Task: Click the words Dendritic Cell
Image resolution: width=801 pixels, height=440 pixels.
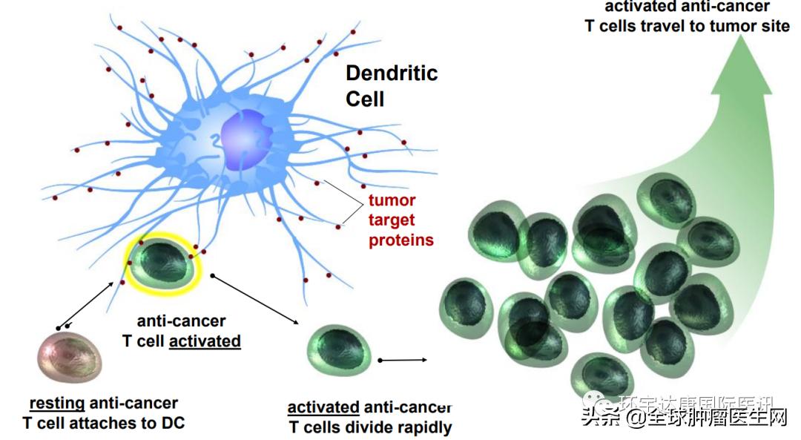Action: [391, 85]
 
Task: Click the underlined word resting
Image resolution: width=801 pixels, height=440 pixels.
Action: [56, 404]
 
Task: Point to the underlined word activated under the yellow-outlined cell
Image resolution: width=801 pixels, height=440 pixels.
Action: [205, 341]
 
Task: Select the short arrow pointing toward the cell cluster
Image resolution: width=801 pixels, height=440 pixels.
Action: [403, 360]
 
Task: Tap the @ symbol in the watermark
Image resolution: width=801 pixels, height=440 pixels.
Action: [636, 418]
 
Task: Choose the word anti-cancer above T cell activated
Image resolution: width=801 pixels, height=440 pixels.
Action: [181, 321]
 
